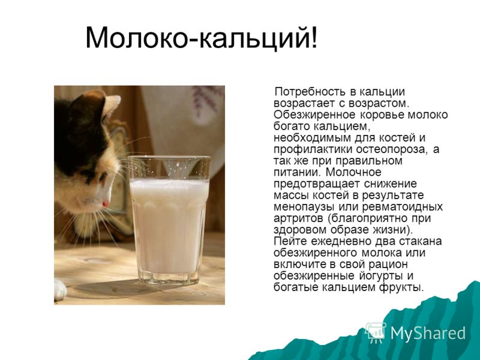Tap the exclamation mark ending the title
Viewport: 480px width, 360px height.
314,37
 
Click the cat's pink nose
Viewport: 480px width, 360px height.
106,204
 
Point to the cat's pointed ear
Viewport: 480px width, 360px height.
111,103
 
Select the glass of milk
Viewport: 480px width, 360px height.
169,220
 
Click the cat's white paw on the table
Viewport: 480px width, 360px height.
59,289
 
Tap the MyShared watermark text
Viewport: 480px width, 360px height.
428,333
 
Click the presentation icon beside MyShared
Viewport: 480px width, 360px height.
376,332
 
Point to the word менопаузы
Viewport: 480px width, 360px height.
304,207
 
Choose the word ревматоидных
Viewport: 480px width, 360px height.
403,207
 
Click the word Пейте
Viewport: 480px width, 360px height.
290,241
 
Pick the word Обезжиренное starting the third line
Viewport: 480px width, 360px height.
314,115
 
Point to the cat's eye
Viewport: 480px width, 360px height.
102,177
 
